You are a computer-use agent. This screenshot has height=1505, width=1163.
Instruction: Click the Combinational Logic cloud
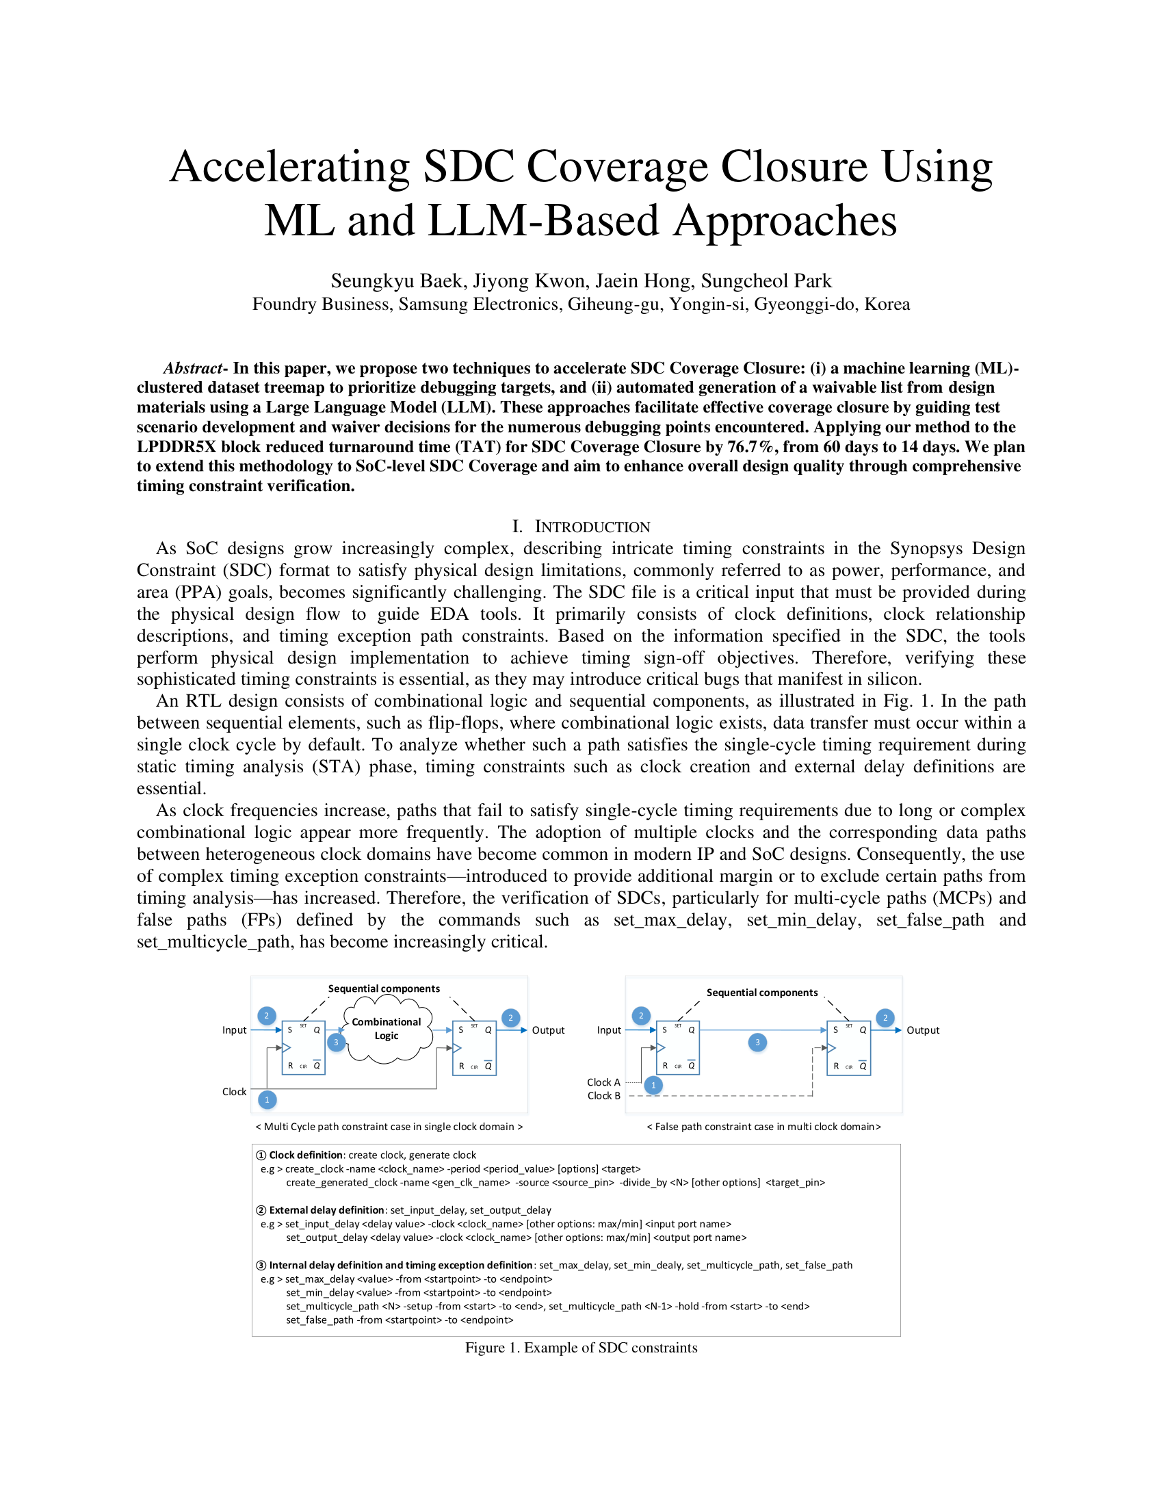coord(387,1029)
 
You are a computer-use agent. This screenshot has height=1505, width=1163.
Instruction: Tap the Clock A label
coord(603,1082)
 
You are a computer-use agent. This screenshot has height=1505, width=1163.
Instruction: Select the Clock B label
coord(603,1096)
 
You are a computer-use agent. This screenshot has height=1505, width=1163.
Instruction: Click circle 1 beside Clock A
coord(653,1086)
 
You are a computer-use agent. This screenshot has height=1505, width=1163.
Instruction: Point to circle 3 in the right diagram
coord(757,1043)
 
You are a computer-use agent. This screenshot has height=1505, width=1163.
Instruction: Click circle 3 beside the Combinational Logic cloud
coord(336,1043)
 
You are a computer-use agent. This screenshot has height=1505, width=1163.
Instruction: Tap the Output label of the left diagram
coord(548,1030)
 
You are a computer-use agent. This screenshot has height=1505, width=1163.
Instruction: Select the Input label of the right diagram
coord(609,1030)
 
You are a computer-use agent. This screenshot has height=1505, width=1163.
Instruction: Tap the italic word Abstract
coord(193,369)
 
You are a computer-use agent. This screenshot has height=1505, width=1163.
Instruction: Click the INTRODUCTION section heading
coord(592,527)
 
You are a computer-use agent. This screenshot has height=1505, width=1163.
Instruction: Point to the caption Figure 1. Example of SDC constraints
coord(581,1348)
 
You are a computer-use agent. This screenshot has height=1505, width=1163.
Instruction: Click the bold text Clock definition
coord(305,1155)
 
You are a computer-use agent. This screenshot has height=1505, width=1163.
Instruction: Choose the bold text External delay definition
coord(326,1210)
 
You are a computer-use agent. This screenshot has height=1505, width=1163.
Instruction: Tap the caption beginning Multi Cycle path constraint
coord(389,1127)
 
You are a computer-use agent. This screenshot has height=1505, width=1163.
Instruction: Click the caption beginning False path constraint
coord(763,1127)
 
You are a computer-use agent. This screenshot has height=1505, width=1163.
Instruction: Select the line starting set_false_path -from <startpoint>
coord(400,1320)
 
